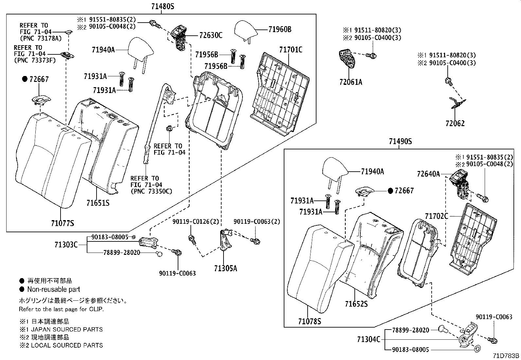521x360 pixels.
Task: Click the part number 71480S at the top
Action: pyautogui.click(x=163, y=6)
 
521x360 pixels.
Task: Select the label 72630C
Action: pyautogui.click(x=211, y=35)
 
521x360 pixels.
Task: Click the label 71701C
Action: pyautogui.click(x=291, y=50)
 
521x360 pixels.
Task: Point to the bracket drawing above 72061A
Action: pyautogui.click(x=348, y=59)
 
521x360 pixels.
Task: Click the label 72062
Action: pyautogui.click(x=455, y=123)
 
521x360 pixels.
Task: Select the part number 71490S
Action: pyautogui.click(x=400, y=142)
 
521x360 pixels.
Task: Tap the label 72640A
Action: pyautogui.click(x=428, y=174)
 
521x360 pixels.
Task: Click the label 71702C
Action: pyautogui.click(x=437, y=216)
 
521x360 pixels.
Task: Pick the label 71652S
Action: pyautogui.click(x=356, y=304)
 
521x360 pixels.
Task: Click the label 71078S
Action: pyautogui.click(x=309, y=321)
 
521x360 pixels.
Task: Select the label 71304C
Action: pyautogui.click(x=368, y=339)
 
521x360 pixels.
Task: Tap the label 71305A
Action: pyautogui.click(x=225, y=269)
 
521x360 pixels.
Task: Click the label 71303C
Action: pyautogui.click(x=66, y=245)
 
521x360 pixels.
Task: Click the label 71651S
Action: pyautogui.click(x=98, y=203)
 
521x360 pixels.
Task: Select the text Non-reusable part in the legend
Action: pyautogui.click(x=54, y=289)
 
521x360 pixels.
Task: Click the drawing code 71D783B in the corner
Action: pyautogui.click(x=506, y=356)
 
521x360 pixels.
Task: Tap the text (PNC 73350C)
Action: pyautogui.click(x=151, y=191)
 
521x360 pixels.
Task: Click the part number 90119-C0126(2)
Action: pyautogui.click(x=195, y=222)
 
